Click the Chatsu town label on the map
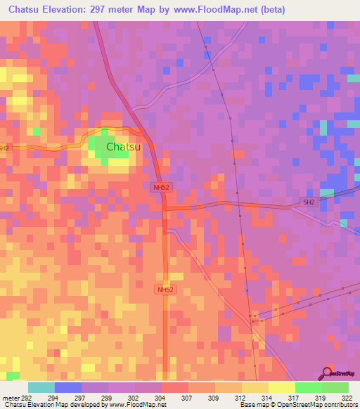click(x=123, y=147)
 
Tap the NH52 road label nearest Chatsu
click(x=161, y=187)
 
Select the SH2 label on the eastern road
click(x=308, y=202)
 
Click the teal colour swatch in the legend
click(x=41, y=387)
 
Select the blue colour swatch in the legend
click(x=68, y=387)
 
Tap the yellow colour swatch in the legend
click(x=281, y=387)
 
